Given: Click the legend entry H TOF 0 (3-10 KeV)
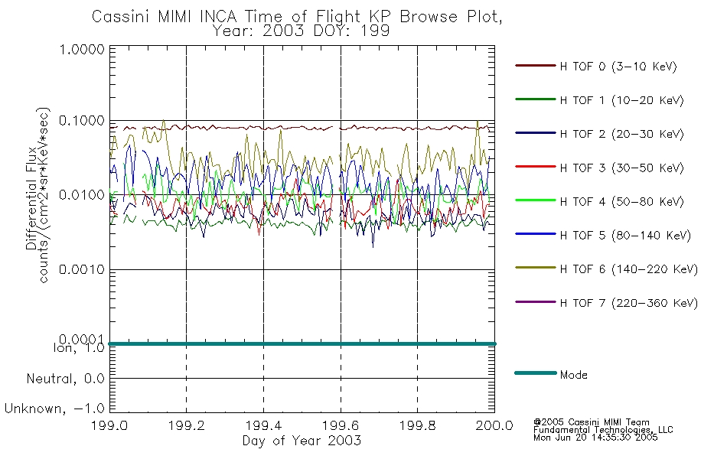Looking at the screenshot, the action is tap(618, 67).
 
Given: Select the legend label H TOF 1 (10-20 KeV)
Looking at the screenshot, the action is tap(621, 100).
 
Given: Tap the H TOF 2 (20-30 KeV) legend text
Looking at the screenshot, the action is tap(621, 134).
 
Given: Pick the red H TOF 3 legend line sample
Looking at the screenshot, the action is tap(536, 167).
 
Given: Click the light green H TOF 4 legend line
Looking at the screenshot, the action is tap(536, 200).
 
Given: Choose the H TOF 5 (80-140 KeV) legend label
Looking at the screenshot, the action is tap(625, 236).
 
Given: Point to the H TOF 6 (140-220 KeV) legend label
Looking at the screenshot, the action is tap(629, 269).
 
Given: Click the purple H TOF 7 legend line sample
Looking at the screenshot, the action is tap(536, 302).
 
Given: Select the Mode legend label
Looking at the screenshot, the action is tap(573, 375).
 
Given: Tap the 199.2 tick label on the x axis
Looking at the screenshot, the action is tap(187, 425).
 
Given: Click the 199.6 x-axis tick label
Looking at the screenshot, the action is tap(341, 425).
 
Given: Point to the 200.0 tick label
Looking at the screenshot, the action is tap(494, 425).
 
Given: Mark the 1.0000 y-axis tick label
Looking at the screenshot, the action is tap(82, 49).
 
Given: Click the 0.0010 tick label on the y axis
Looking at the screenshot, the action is tap(82, 269).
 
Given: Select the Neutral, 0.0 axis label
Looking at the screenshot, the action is tap(65, 379).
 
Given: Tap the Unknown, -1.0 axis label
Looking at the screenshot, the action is tap(54, 409).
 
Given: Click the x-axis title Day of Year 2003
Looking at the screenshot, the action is tap(302, 441).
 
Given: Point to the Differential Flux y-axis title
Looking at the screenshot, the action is tap(31, 198).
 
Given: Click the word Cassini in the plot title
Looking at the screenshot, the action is tap(121, 17).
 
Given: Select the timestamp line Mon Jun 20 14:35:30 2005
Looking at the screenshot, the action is tap(595, 438).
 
